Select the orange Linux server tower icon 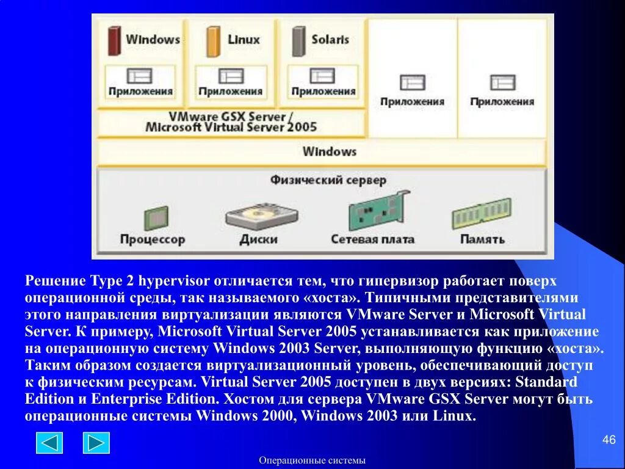(x=212, y=40)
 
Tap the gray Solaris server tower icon (x=298, y=40)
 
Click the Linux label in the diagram (x=244, y=40)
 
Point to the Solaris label (x=330, y=40)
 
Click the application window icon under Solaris (x=322, y=76)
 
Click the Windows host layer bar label (x=329, y=151)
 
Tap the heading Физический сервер (x=328, y=180)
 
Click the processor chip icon (x=155, y=217)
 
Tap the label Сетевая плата (x=372, y=239)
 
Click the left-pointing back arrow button (x=49, y=443)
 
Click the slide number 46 (x=609, y=440)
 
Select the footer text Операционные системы (x=312, y=460)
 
